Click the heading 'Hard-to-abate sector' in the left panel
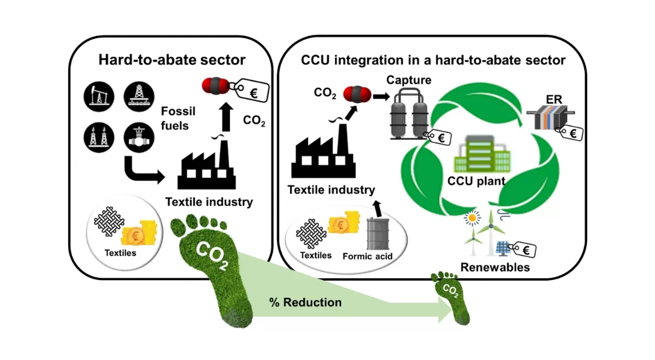click(172, 59)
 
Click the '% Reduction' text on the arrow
click(306, 302)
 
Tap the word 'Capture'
click(409, 80)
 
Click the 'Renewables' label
click(495, 267)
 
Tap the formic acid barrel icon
click(376, 233)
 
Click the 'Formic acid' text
click(368, 256)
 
